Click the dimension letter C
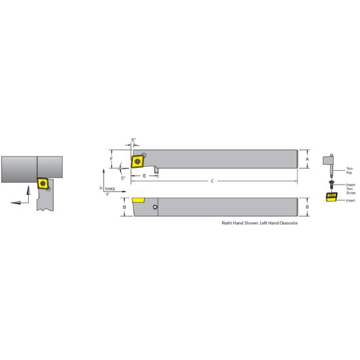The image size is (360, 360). tap(211, 181)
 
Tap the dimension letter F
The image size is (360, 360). tap(111, 159)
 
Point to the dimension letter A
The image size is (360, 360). tap(308, 159)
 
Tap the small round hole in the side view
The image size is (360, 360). tap(155, 208)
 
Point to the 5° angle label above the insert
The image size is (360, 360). tap(134, 140)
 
